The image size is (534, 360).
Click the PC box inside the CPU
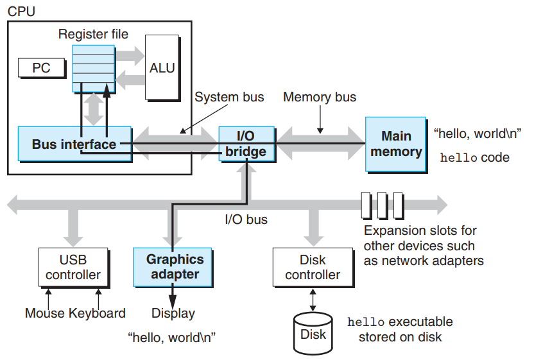[41, 67]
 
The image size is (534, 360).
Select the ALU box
[162, 67]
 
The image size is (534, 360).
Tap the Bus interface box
[74, 144]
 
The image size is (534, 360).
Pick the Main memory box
[396, 144]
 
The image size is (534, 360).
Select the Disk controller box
[313, 267]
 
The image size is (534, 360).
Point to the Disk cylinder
[313, 334]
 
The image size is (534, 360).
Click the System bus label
[229, 97]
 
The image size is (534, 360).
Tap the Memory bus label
[319, 97]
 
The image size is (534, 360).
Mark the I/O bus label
[246, 219]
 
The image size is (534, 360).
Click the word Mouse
[45, 313]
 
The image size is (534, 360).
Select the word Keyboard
[98, 313]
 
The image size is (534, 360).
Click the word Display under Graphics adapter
[173, 313]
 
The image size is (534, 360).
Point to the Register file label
[93, 34]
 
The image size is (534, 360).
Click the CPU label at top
[21, 12]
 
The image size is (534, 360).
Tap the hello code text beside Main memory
[474, 157]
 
